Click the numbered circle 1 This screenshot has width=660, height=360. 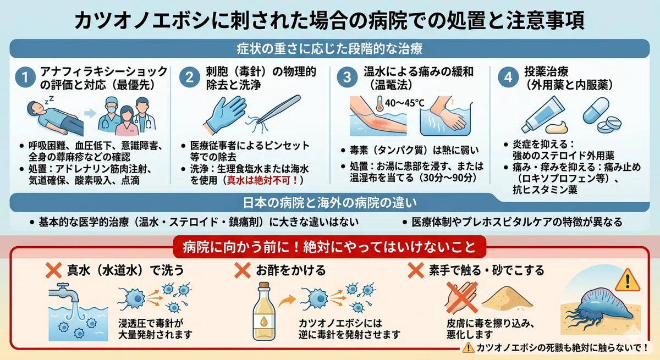pyautogui.click(x=25, y=77)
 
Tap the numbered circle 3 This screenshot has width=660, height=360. pyautogui.click(x=347, y=77)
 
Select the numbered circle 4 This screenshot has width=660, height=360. pyautogui.click(x=508, y=77)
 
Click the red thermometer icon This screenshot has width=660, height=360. pyautogui.click(x=380, y=103)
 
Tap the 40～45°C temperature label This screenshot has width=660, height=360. pyautogui.click(x=405, y=103)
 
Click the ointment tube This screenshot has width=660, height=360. pyautogui.click(x=543, y=115)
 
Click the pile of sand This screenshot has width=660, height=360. pyautogui.click(x=507, y=298)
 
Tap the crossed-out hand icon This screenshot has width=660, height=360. pyautogui.click(x=461, y=297)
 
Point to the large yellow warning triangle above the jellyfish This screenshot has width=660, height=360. pyautogui.click(x=628, y=280)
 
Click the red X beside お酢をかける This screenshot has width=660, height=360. pyautogui.click(x=242, y=270)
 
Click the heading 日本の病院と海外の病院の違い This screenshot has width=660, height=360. pyautogui.click(x=329, y=203)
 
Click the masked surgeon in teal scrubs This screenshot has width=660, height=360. pyautogui.click(x=109, y=115)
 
